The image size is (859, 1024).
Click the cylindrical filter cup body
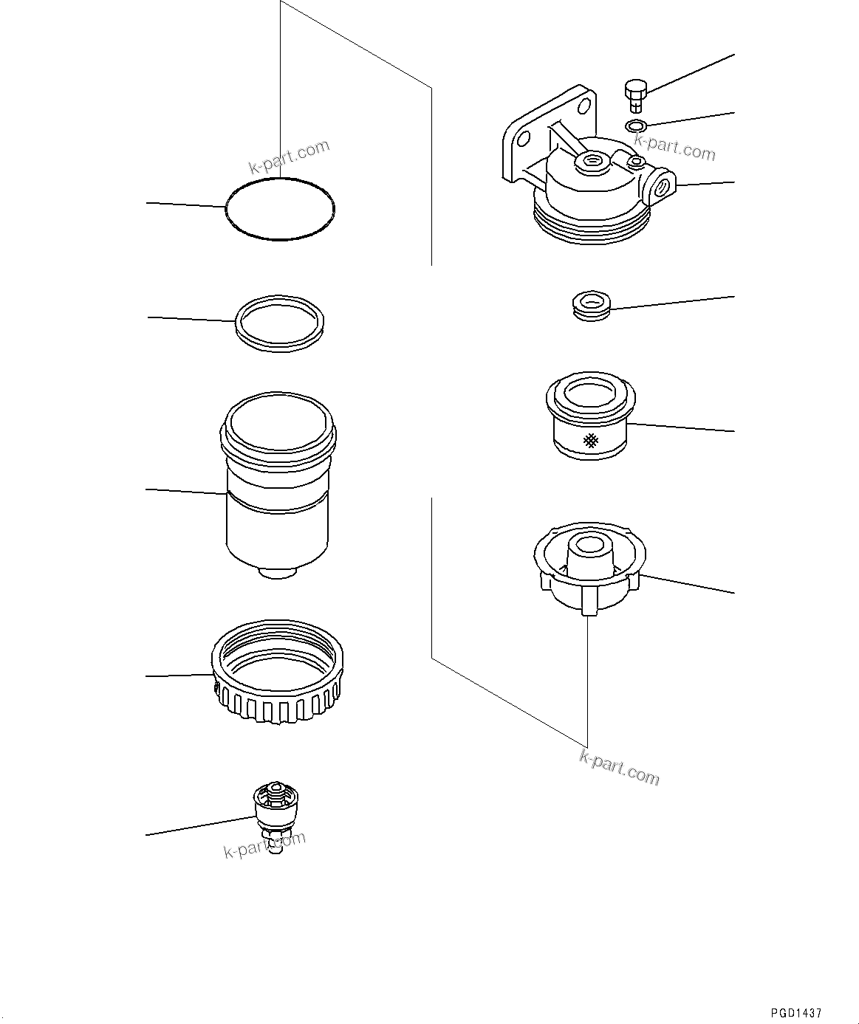click(277, 517)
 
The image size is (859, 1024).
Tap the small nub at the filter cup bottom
click(278, 573)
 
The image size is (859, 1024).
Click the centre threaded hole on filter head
click(592, 161)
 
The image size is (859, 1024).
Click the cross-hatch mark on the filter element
click(590, 441)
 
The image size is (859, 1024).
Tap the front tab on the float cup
click(589, 601)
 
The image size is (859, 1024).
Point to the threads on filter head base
click(591, 225)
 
